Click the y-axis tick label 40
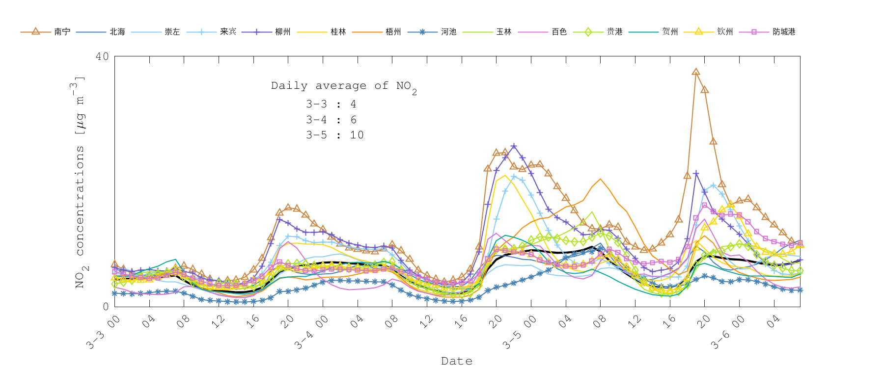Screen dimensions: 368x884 point(102,56)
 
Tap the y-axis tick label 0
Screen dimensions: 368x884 point(106,307)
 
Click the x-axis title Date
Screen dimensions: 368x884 point(457,361)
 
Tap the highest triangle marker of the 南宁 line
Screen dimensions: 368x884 point(696,72)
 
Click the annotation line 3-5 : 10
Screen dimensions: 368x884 point(334,135)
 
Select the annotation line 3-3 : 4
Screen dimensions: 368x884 point(331,104)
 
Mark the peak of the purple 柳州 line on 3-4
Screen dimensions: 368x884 point(514,146)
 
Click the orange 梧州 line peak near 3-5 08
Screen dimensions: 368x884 point(600,179)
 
